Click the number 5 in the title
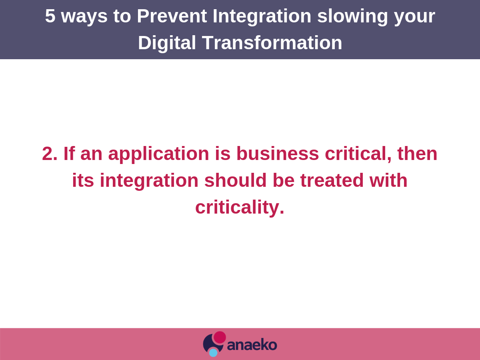(x=50, y=16)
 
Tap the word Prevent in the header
(x=172, y=16)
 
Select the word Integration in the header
(x=262, y=16)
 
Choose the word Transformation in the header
(x=272, y=43)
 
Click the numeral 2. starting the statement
(x=50, y=154)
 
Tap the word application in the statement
(x=158, y=154)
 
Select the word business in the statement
(x=277, y=154)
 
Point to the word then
(x=417, y=154)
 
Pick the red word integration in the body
(x=149, y=180)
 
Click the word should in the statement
(x=235, y=180)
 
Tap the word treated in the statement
(x=332, y=180)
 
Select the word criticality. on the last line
(x=240, y=207)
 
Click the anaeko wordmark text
(x=252, y=345)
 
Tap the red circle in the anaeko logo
(x=220, y=337)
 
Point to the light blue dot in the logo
(x=213, y=352)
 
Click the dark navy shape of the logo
(x=208, y=344)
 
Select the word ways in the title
(x=84, y=16)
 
